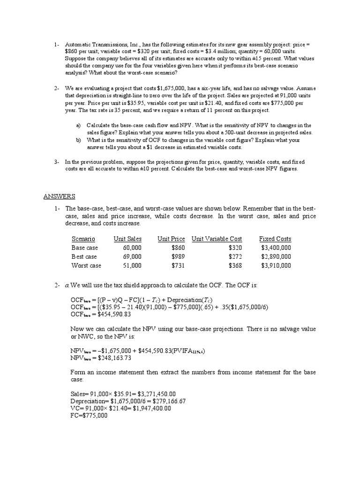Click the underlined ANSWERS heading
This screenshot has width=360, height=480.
(x=60, y=196)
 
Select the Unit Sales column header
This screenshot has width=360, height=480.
(x=127, y=239)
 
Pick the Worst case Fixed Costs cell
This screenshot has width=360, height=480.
(x=276, y=265)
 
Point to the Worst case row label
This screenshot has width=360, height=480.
(x=86, y=265)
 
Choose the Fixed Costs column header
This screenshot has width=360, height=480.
(x=275, y=239)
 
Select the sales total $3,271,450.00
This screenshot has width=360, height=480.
(x=150, y=394)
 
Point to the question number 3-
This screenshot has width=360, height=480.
(x=56, y=162)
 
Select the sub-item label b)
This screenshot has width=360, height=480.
(x=78, y=140)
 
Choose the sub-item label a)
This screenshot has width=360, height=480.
(x=78, y=126)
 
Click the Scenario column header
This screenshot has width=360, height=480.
(x=83, y=239)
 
